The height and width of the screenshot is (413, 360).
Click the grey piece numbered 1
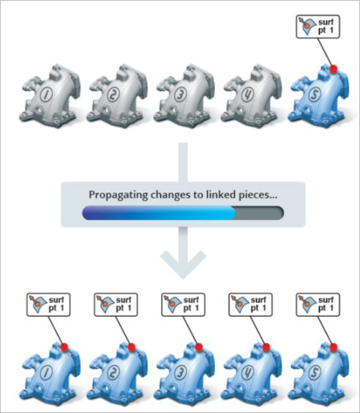[50, 97]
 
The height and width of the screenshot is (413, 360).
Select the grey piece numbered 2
[117, 97]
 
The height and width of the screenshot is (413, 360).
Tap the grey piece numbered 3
[184, 97]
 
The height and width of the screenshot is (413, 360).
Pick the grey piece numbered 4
[252, 97]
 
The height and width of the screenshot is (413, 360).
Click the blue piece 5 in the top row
[319, 97]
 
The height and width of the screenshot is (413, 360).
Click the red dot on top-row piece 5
[334, 69]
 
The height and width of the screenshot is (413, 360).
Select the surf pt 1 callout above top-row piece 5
[318, 27]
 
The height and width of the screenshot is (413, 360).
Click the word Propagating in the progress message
[118, 196]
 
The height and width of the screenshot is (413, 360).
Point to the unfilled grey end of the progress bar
[259, 213]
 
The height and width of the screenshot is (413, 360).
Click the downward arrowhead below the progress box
[183, 264]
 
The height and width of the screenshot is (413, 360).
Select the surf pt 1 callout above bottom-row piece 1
[48, 305]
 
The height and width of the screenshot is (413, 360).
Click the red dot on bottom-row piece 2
[132, 347]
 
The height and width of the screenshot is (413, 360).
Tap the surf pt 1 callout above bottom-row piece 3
[183, 305]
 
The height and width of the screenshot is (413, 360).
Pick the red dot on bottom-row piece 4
[266, 347]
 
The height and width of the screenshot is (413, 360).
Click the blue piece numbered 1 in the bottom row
[50, 374]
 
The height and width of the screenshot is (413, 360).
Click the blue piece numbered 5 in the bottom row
[319, 374]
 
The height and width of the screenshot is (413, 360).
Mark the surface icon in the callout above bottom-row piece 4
[239, 304]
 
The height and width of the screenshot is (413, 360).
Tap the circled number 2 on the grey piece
[113, 94]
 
